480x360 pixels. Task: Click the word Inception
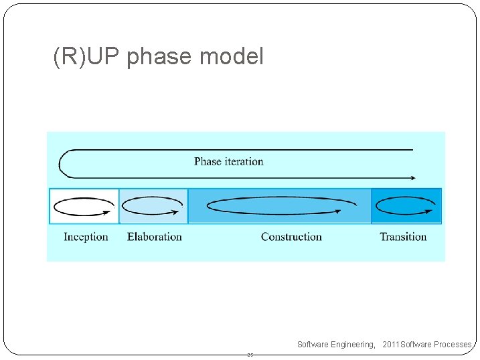tap(86, 237)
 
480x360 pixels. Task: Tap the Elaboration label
tap(154, 237)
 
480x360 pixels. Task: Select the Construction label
tap(291, 237)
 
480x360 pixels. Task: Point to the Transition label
tap(403, 237)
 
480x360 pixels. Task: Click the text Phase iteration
tap(228, 161)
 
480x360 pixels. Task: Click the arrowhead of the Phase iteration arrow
tap(412, 178)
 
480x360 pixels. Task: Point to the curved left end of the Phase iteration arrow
tap(61, 163)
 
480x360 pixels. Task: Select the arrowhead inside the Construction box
tap(336, 212)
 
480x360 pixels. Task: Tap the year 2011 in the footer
tap(391, 345)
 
